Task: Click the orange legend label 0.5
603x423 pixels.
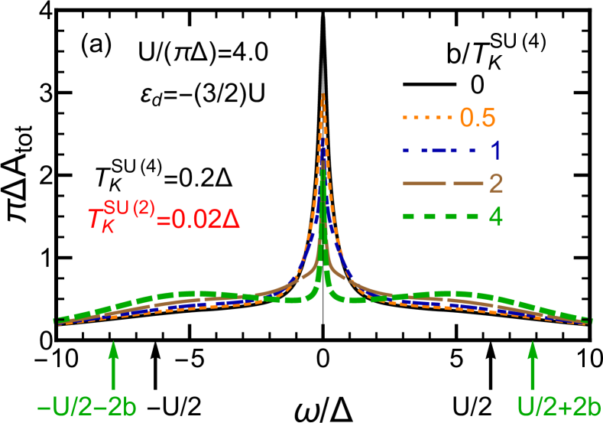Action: (x=477, y=118)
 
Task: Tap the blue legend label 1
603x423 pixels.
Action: (x=495, y=151)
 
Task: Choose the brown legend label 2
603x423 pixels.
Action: (x=495, y=184)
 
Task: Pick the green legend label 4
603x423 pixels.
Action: (x=495, y=216)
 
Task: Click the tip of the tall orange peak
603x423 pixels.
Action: (x=323, y=94)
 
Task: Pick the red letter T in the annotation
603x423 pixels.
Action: (x=96, y=220)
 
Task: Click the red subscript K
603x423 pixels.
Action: (x=108, y=228)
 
